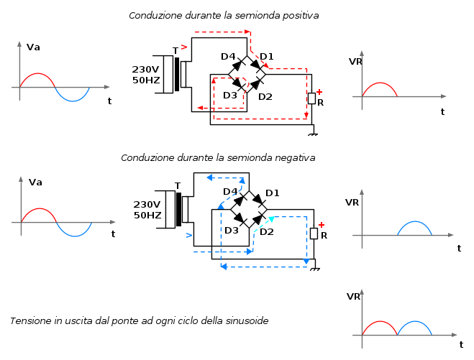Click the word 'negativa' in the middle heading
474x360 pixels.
pyautogui.click(x=292, y=157)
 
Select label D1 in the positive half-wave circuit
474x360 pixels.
pyautogui.click(x=267, y=56)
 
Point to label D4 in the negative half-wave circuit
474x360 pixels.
pyautogui.click(x=230, y=191)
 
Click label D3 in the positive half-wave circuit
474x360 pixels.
pyautogui.click(x=230, y=95)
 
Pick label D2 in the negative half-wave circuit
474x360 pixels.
pyautogui.click(x=267, y=231)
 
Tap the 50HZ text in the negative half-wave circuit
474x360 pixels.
pyautogui.click(x=147, y=215)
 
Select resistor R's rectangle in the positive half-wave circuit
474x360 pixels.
pyautogui.click(x=311, y=98)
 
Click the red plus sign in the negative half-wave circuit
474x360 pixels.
pyautogui.click(x=322, y=224)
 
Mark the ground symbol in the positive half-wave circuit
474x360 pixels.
pyautogui.click(x=313, y=133)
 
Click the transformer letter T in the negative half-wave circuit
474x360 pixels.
pyautogui.click(x=178, y=186)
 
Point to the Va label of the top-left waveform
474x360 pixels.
pyautogui.click(x=33, y=47)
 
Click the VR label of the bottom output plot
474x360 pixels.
pyautogui.click(x=353, y=296)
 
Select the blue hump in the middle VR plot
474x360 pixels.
pyautogui.click(x=414, y=225)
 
